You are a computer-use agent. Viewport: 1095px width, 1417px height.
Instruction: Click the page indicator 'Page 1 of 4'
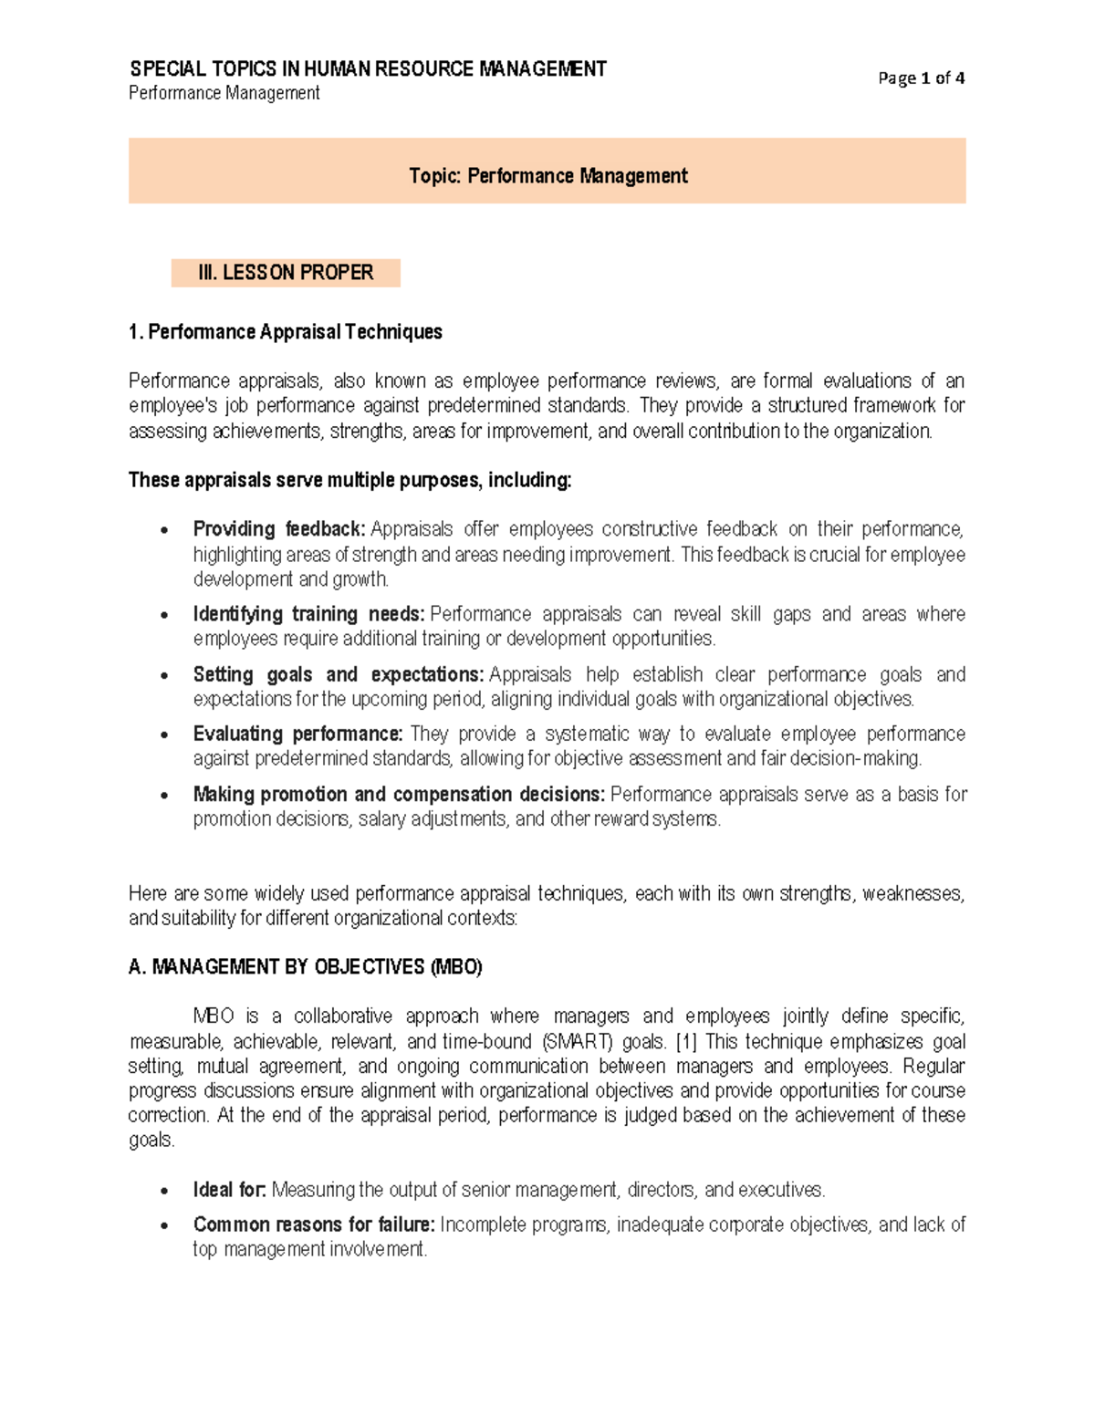click(921, 78)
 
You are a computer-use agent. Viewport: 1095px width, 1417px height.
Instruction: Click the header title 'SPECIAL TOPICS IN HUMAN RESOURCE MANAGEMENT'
click(368, 69)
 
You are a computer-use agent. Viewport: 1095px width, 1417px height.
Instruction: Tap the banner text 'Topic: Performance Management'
click(547, 176)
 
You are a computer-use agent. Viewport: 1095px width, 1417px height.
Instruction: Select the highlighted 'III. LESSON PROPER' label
click(286, 273)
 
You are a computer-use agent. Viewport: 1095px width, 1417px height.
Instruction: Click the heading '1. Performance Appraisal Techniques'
click(286, 332)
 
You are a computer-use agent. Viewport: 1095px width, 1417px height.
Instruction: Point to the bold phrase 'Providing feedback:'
click(279, 529)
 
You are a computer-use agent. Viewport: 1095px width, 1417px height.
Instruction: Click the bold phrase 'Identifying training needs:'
click(308, 614)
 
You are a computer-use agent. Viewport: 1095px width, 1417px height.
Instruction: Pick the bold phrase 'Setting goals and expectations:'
click(338, 674)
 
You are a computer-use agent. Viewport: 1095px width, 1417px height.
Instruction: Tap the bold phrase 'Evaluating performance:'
click(297, 735)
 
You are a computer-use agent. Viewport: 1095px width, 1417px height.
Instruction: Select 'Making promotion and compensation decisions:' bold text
click(399, 795)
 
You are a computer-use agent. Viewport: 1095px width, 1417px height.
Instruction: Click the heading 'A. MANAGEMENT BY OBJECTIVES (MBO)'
click(306, 967)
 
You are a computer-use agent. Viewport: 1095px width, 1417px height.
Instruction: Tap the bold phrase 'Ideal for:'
click(229, 1191)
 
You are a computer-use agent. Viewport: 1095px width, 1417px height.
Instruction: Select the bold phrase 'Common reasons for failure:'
click(314, 1224)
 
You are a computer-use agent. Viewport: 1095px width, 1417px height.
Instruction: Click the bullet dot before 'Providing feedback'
click(164, 531)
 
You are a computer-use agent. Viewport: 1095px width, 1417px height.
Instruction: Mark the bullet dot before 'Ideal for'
click(164, 1192)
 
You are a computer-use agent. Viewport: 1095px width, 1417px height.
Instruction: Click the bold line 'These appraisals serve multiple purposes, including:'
click(349, 480)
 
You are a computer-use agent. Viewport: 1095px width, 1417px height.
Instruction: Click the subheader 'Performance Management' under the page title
click(224, 93)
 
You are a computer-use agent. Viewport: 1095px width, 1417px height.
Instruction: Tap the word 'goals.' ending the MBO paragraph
click(151, 1141)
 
